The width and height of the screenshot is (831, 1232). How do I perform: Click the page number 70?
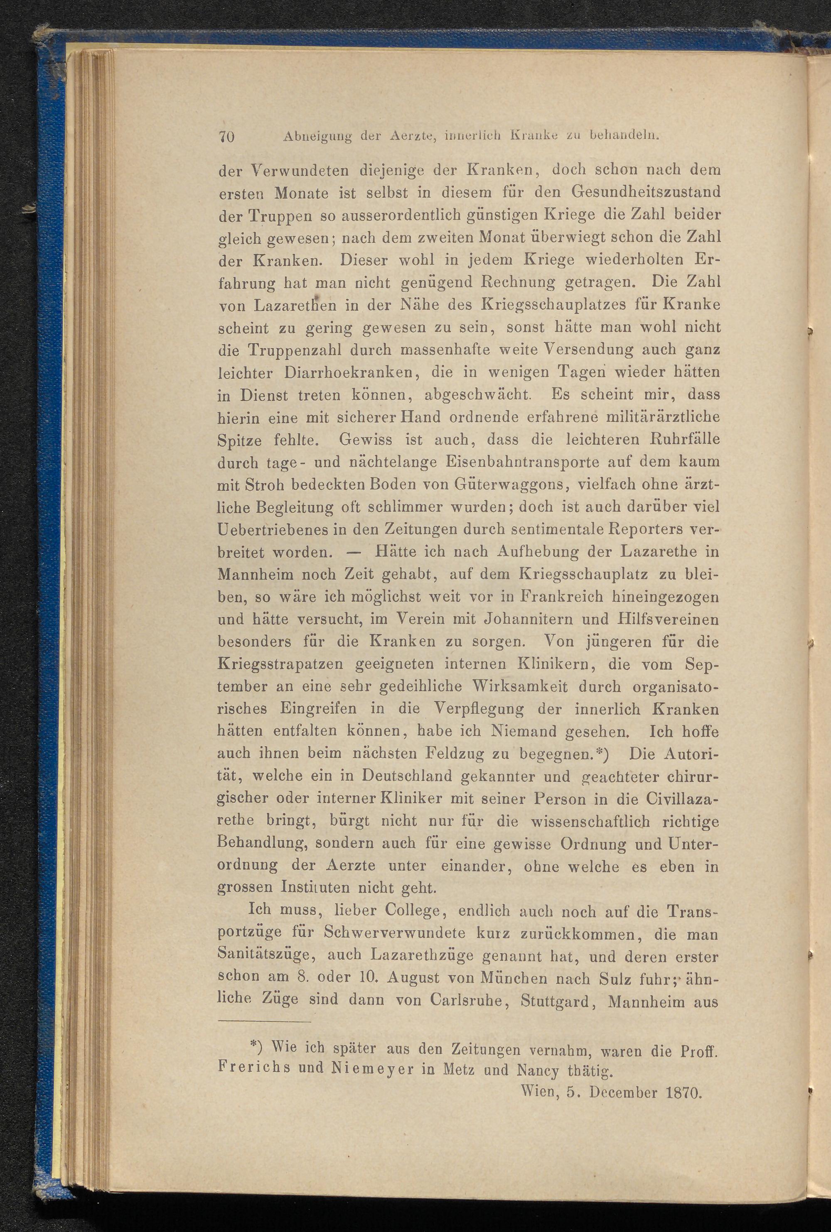point(226,136)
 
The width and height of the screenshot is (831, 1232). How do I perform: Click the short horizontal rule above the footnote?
point(264,1022)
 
